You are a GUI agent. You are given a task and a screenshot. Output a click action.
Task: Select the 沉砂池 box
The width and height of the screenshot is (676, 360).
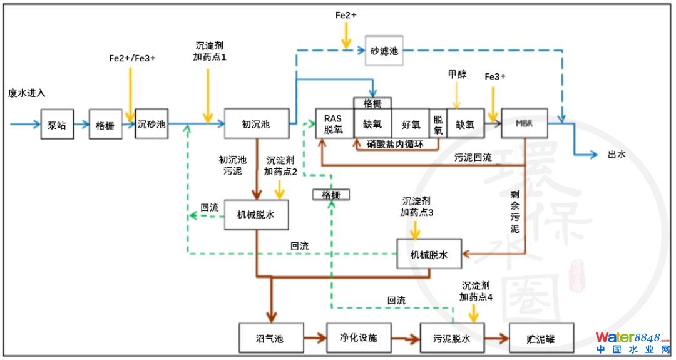coord(152,124)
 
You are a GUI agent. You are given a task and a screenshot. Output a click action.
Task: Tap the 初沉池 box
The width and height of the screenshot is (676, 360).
coord(256,124)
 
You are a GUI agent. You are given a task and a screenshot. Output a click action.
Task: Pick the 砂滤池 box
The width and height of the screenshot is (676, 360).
coord(384,51)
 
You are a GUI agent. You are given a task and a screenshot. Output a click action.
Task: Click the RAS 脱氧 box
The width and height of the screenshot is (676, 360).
coord(334,124)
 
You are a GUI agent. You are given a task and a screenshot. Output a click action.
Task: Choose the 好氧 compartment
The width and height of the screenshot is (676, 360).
coord(411,124)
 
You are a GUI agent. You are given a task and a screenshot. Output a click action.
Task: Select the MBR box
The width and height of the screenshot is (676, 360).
coord(525,124)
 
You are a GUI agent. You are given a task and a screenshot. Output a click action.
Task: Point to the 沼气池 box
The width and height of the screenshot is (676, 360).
coord(270,339)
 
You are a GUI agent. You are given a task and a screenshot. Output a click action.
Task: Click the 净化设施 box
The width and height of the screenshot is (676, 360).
coord(359,338)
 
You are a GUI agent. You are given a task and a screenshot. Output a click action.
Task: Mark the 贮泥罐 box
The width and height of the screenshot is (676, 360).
coord(541,339)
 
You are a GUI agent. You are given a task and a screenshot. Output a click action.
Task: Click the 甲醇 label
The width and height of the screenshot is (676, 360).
coord(457,74)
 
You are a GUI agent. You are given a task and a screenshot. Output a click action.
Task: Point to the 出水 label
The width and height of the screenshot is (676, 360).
coord(617,155)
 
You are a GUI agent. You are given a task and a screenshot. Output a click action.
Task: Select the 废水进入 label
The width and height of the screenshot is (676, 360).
coord(27,93)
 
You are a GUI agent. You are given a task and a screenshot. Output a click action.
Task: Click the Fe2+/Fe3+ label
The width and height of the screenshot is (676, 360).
coord(132,58)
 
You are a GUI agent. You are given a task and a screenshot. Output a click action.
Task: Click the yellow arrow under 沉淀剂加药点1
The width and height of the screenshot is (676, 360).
coord(207,94)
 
